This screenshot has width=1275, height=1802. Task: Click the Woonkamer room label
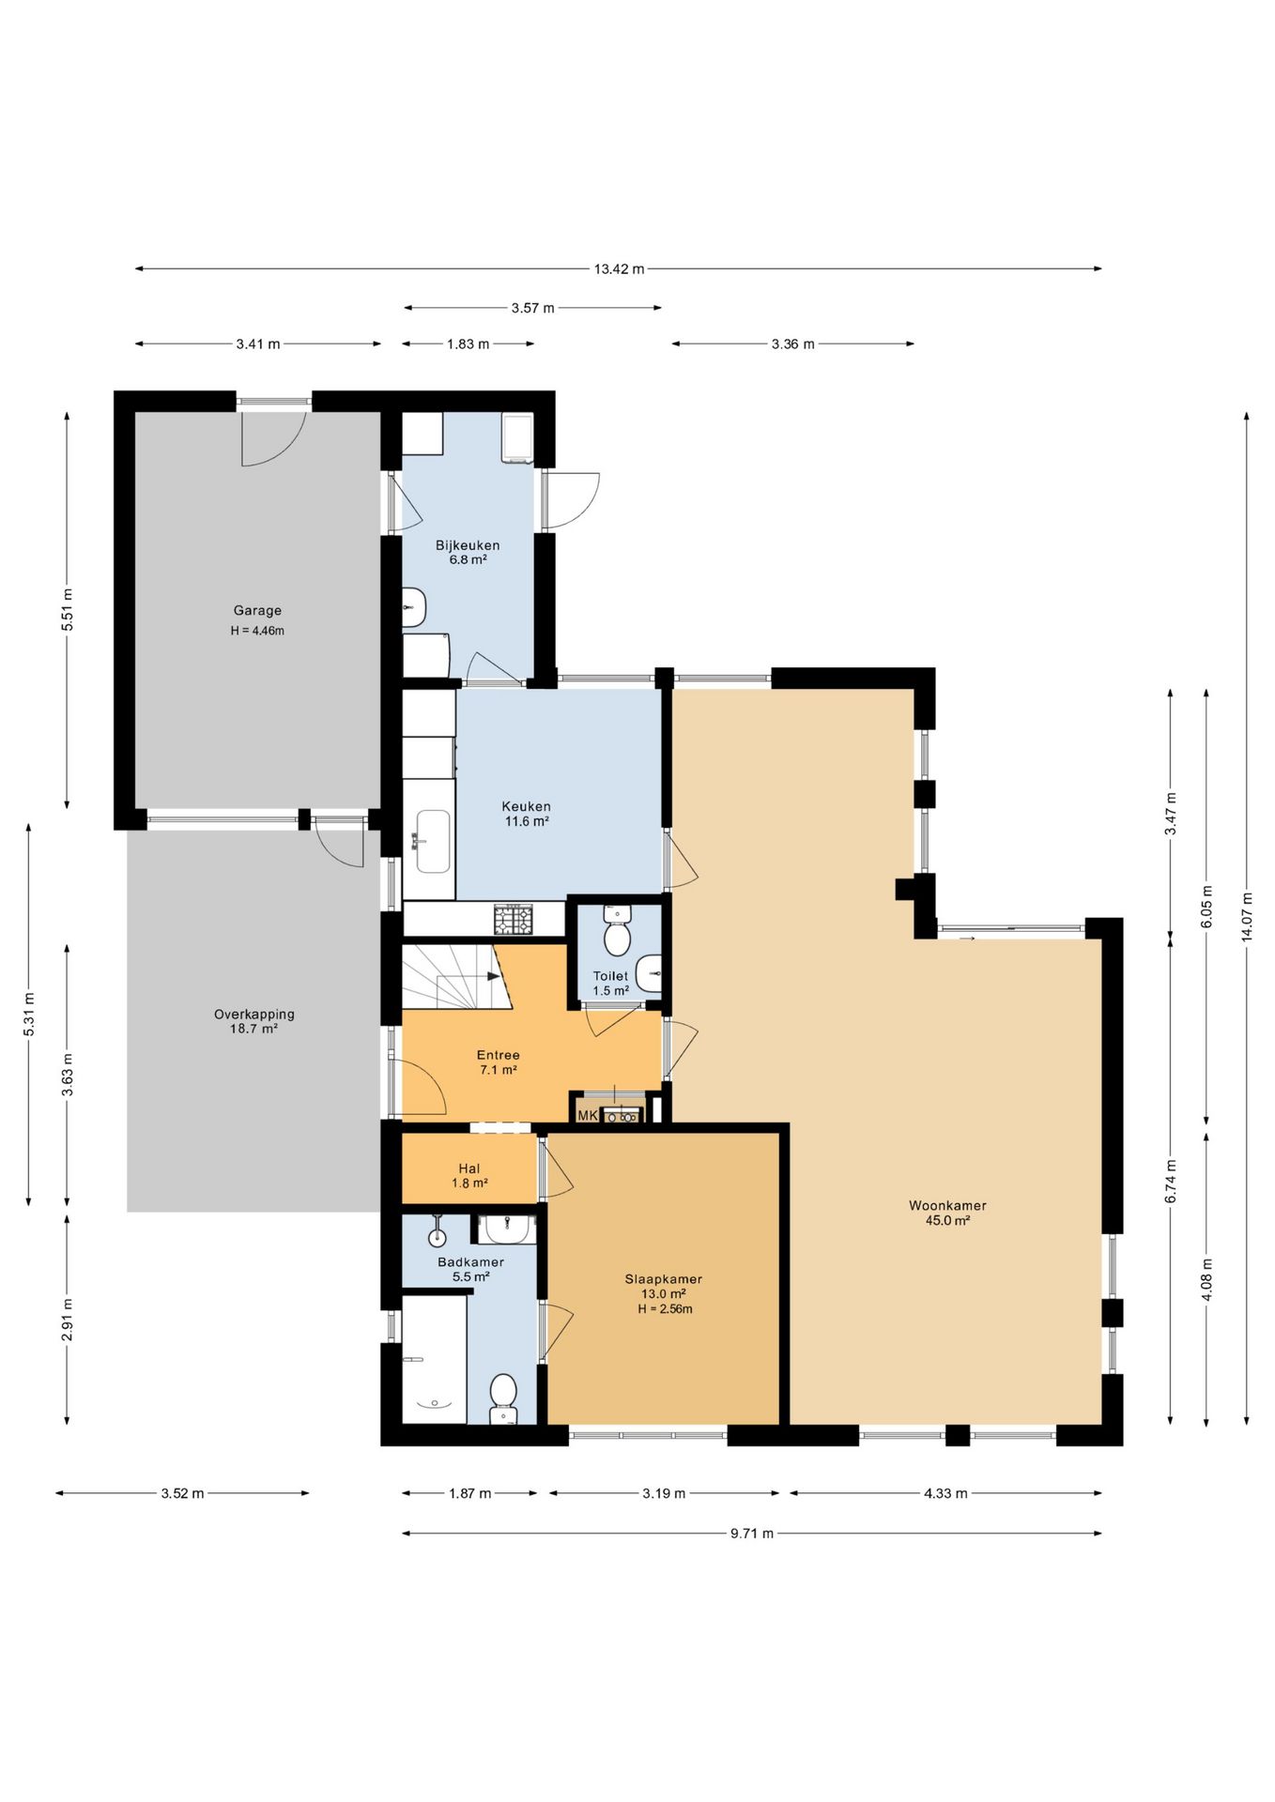947,1205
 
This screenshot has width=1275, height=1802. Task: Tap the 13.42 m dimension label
619,268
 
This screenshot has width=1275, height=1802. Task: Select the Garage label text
257,610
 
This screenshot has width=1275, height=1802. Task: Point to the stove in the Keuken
514,919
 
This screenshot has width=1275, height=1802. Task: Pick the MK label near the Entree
588,1115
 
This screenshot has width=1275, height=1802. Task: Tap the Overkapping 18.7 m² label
254,1021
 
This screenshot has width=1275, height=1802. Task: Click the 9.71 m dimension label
752,1534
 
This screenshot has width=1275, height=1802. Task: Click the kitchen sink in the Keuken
433,841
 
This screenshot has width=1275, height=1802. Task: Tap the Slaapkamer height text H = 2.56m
665,1309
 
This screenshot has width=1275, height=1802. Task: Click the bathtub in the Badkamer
434,1359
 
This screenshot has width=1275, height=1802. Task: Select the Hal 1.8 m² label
469,1176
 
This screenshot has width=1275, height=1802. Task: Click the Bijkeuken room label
468,545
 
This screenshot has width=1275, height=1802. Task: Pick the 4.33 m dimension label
945,1493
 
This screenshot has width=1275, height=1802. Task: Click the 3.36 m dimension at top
793,344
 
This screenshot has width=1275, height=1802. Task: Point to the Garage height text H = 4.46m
257,631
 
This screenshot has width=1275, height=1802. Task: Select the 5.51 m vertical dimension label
66,610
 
